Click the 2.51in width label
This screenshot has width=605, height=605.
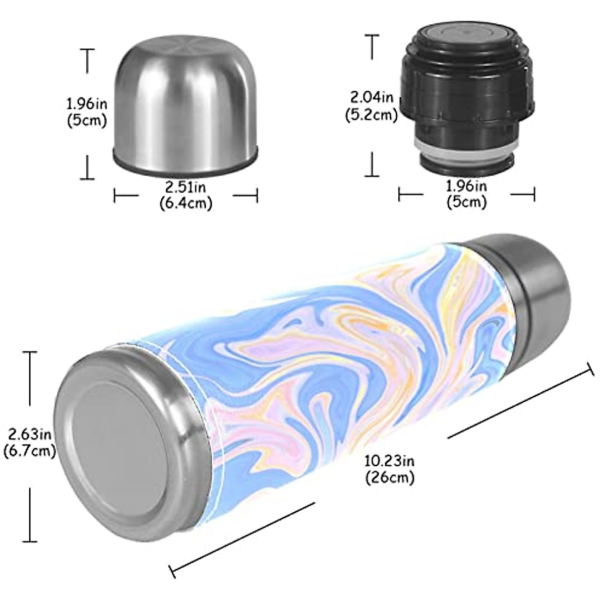click(x=186, y=188)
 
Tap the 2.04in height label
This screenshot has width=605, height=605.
click(x=371, y=96)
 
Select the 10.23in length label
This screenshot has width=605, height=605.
click(x=390, y=460)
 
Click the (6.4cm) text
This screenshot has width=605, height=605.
click(x=186, y=203)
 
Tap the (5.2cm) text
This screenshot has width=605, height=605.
click(x=371, y=114)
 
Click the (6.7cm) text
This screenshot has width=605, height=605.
click(x=28, y=451)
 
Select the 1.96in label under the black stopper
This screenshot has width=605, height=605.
click(x=466, y=187)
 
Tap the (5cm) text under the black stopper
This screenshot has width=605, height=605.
click(x=466, y=202)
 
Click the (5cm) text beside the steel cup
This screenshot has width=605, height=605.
click(x=87, y=121)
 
